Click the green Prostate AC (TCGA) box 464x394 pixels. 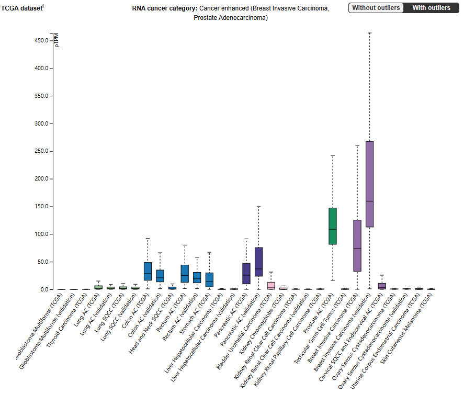tap(333, 226)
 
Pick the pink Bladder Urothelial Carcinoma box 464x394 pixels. tap(271, 285)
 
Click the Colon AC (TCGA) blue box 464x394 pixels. tap(148, 271)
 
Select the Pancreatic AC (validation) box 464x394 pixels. tap(258, 262)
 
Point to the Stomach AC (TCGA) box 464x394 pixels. tap(209, 279)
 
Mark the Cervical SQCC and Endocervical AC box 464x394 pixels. tap(382, 286)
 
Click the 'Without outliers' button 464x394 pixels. tap(376, 8)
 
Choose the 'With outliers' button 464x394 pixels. tap(431, 8)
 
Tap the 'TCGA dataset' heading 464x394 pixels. tap(21, 8)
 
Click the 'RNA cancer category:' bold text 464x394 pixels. tap(165, 8)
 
